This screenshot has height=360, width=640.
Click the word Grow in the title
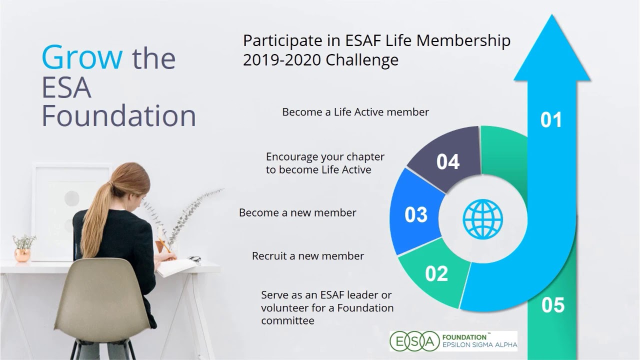[x=82, y=57]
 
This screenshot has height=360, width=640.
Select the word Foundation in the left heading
[x=118, y=115]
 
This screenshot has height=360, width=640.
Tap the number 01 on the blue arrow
[x=551, y=120]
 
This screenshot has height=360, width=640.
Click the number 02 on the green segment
[x=436, y=274]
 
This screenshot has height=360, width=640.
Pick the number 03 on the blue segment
[x=416, y=215]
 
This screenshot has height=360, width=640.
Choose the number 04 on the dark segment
[x=447, y=162]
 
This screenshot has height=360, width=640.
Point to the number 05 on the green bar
[x=552, y=305]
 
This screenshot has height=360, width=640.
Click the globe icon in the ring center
[x=482, y=219]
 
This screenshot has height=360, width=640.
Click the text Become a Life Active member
[x=355, y=112]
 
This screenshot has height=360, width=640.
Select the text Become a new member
[x=297, y=212]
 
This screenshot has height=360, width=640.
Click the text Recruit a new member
[x=307, y=256]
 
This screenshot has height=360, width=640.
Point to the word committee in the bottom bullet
[x=287, y=320]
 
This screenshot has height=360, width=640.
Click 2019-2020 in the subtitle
[x=282, y=60]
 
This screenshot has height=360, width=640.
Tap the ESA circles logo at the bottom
[x=412, y=341]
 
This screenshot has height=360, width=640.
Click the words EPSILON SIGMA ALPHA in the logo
[x=478, y=345]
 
